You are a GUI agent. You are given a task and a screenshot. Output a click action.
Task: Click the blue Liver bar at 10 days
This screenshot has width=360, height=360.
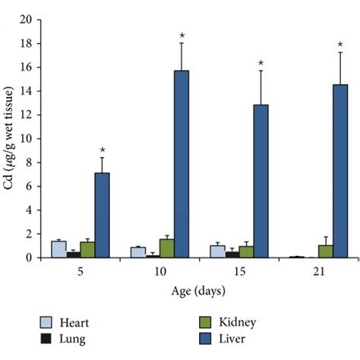tap(182, 164)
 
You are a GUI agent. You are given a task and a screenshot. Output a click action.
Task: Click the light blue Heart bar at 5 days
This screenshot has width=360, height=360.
tap(58, 249)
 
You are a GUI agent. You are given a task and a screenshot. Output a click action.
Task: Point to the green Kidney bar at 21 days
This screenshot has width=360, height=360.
tap(325, 251)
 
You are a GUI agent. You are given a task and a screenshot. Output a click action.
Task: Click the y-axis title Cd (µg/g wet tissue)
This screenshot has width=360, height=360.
tap(9, 138)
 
